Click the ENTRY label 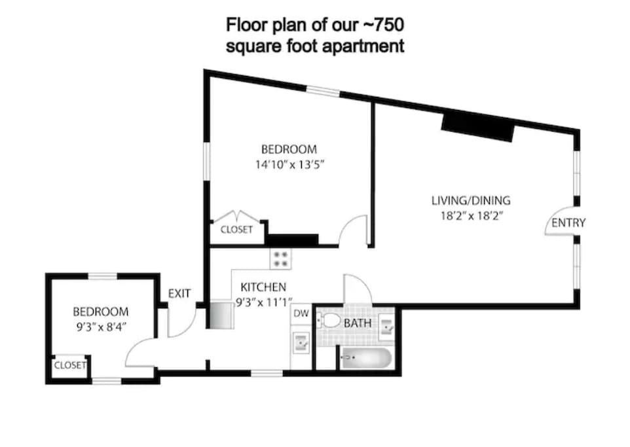click(x=568, y=223)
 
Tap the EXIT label click(x=179, y=294)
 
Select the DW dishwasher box click(x=301, y=313)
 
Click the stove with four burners click(x=280, y=259)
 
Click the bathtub click(x=365, y=358)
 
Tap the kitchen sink click(x=301, y=342)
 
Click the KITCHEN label click(x=263, y=287)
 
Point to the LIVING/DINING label click(x=471, y=200)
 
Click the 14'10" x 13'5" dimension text click(x=289, y=165)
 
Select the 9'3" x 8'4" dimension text click(x=102, y=327)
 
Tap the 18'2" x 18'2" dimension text click(x=472, y=216)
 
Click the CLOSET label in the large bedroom click(x=236, y=230)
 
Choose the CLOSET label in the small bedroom click(x=70, y=365)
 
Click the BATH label click(x=358, y=323)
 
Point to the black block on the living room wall click(x=477, y=128)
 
